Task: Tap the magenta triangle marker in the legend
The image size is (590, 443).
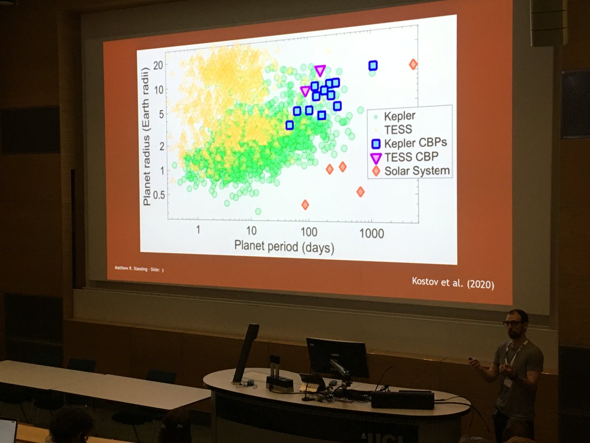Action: [376, 158]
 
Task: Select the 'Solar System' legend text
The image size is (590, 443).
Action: [417, 171]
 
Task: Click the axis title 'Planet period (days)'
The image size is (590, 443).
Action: [284, 246]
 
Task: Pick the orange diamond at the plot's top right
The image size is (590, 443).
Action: [413, 64]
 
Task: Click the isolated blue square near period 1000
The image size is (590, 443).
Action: [373, 65]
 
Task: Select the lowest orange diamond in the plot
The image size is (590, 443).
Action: [305, 204]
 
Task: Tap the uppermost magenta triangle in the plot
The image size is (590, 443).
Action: [320, 70]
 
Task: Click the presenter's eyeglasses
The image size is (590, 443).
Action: [512, 323]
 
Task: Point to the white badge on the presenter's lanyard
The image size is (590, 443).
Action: [507, 382]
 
